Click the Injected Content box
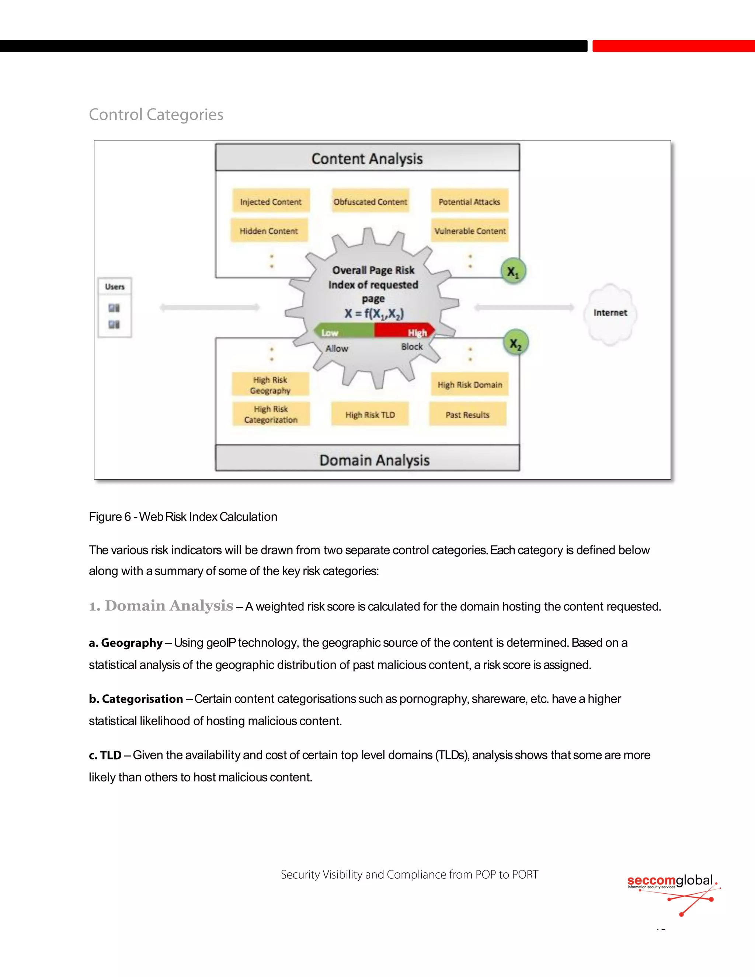[x=271, y=201]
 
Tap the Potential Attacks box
[x=469, y=201]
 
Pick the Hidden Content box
[x=269, y=231]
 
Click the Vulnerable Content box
[x=470, y=231]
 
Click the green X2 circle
[x=516, y=344]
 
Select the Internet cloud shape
[x=610, y=313]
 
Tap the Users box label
[x=115, y=287]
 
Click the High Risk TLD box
[x=370, y=414]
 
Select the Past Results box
[x=467, y=414]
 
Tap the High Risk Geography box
[x=270, y=385]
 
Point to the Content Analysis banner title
[x=367, y=159]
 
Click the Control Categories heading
[x=156, y=115]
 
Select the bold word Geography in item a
[x=132, y=643]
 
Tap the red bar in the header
[x=673, y=46]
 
